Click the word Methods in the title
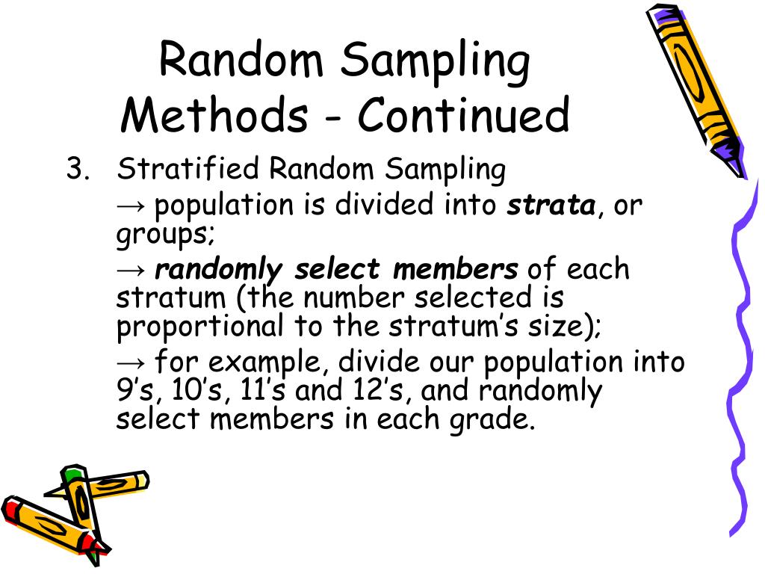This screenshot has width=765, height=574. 214,116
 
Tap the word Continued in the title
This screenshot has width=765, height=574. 463,116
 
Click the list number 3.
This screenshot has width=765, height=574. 76,170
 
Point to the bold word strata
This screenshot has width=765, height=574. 551,205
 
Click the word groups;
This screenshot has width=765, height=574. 165,234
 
